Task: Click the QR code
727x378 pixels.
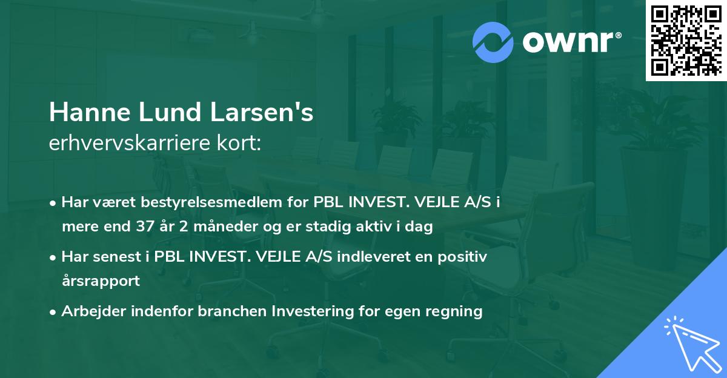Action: (x=686, y=41)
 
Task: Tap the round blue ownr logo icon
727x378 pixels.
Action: (x=494, y=42)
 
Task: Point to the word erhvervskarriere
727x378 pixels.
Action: (x=124, y=144)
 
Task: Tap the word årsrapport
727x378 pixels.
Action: (x=101, y=281)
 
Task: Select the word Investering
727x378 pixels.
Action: (x=311, y=311)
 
